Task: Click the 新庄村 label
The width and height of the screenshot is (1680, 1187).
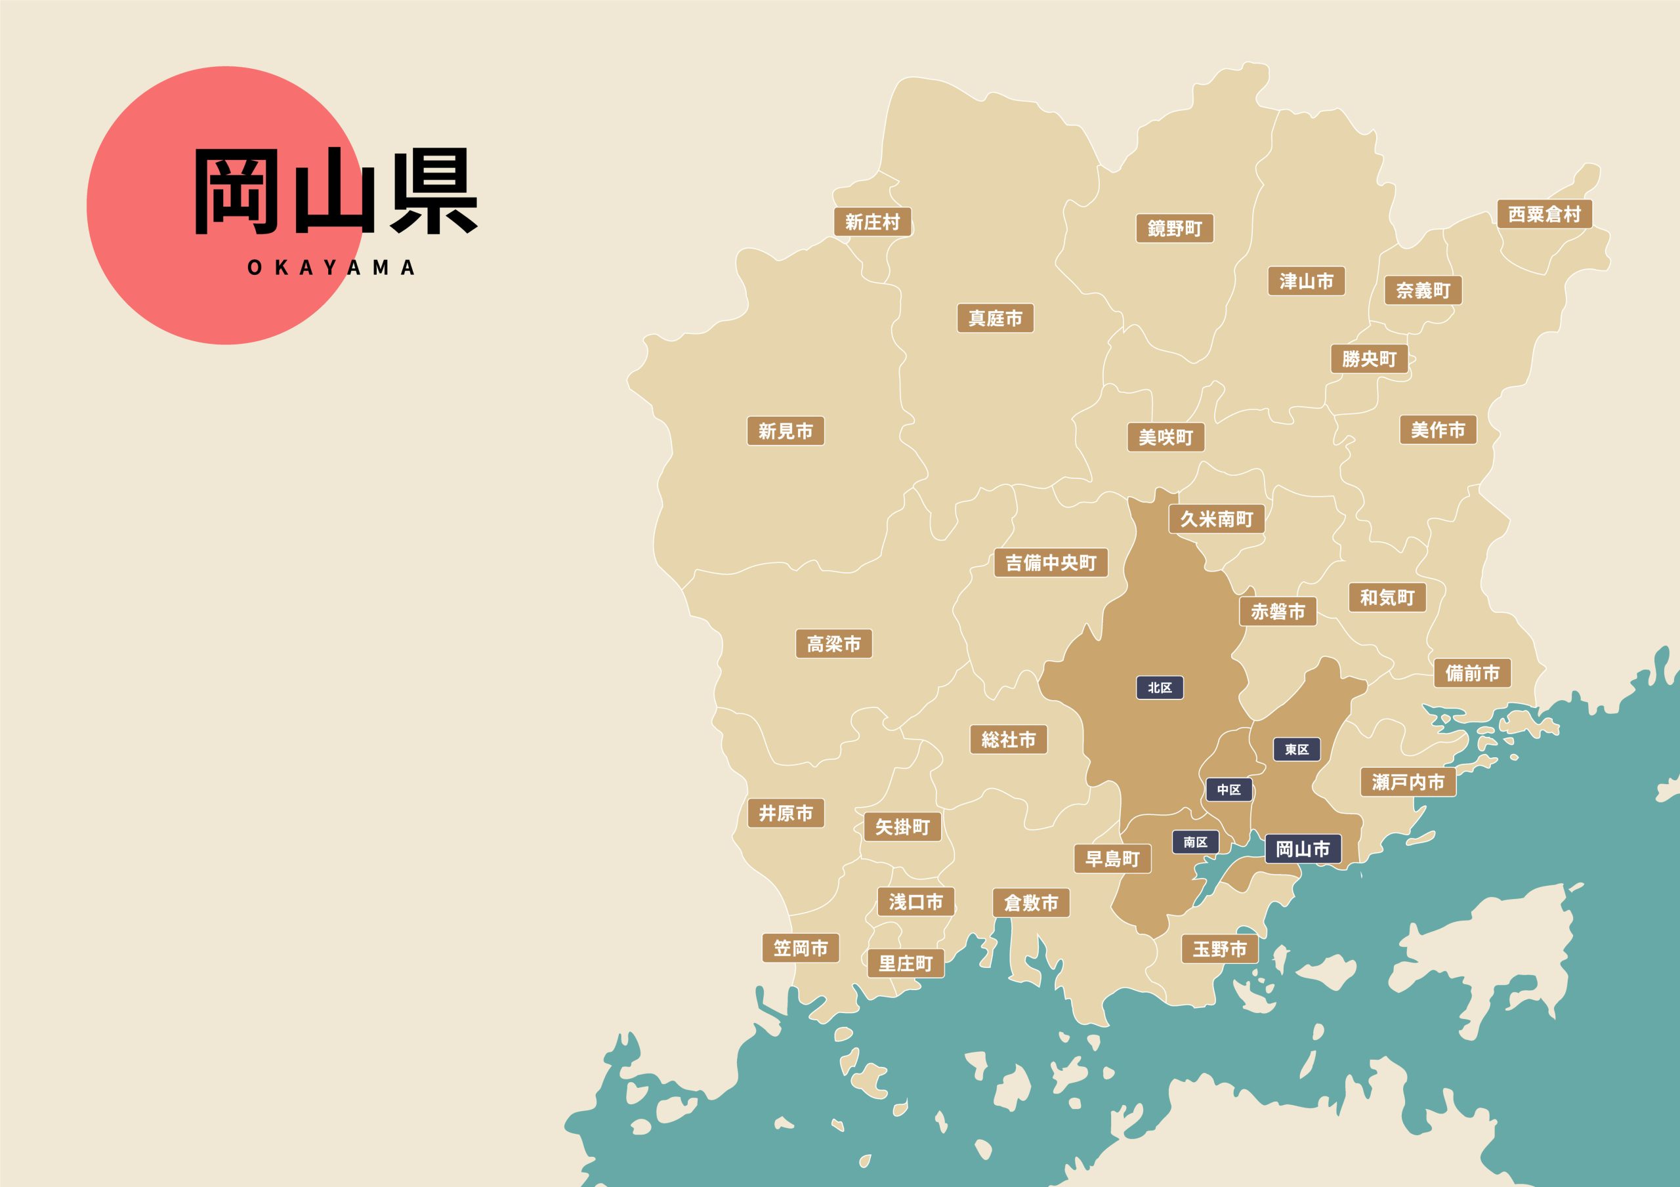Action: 872,222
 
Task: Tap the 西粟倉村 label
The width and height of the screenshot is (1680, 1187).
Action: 1544,215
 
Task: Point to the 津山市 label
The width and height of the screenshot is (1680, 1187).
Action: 1306,281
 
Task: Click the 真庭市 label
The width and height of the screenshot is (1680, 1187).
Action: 995,318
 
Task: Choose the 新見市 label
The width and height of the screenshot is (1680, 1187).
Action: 785,431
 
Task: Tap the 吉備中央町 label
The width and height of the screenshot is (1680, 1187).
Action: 1050,563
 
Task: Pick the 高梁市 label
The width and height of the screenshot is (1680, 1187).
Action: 833,644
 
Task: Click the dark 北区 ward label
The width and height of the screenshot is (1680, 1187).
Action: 1159,688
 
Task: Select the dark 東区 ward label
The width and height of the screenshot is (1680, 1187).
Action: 1297,749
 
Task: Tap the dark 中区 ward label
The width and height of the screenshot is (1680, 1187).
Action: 1228,789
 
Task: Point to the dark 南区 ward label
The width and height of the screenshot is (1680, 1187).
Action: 1195,843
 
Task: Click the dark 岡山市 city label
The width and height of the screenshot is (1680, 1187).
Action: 1303,849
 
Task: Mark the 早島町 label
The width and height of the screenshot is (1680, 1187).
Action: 1112,859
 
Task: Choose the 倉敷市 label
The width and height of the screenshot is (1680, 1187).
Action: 1031,903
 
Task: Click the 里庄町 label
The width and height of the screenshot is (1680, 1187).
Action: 905,964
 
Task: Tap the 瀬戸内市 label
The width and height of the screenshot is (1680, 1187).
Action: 1408,782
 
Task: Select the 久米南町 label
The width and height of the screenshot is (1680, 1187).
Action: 1216,519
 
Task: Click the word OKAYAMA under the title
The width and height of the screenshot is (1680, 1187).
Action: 331,268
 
